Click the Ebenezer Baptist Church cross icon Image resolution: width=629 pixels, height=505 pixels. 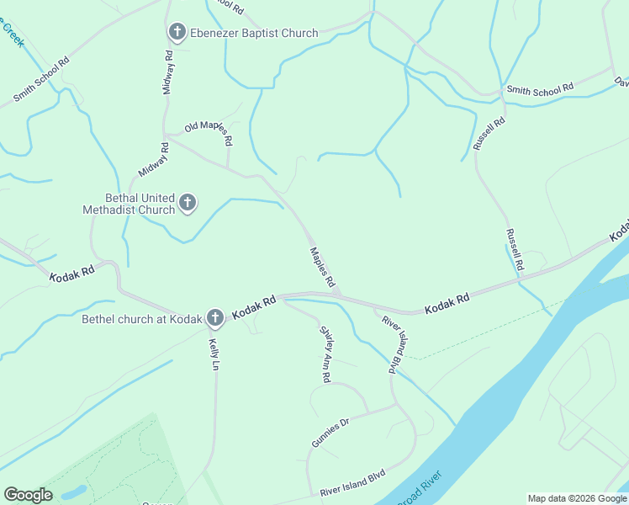(177, 33)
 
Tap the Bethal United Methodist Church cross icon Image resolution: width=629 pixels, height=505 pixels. (188, 203)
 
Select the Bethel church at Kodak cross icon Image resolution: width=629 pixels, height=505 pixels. (215, 317)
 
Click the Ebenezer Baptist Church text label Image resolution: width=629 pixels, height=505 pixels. (253, 34)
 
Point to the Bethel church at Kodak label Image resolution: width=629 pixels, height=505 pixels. (142, 319)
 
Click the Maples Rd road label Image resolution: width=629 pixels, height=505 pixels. (323, 267)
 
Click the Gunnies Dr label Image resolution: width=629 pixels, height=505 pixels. (330, 434)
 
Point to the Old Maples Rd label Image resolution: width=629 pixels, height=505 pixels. (206, 128)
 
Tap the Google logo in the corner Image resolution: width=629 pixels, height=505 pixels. (28, 495)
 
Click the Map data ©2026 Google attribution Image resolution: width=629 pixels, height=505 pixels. (577, 498)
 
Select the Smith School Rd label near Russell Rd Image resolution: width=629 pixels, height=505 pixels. (538, 88)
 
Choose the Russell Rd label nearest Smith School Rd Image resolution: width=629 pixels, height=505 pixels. (489, 133)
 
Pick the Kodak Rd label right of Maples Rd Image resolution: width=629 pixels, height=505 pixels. (447, 304)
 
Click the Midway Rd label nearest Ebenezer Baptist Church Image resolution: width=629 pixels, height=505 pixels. (168, 72)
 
